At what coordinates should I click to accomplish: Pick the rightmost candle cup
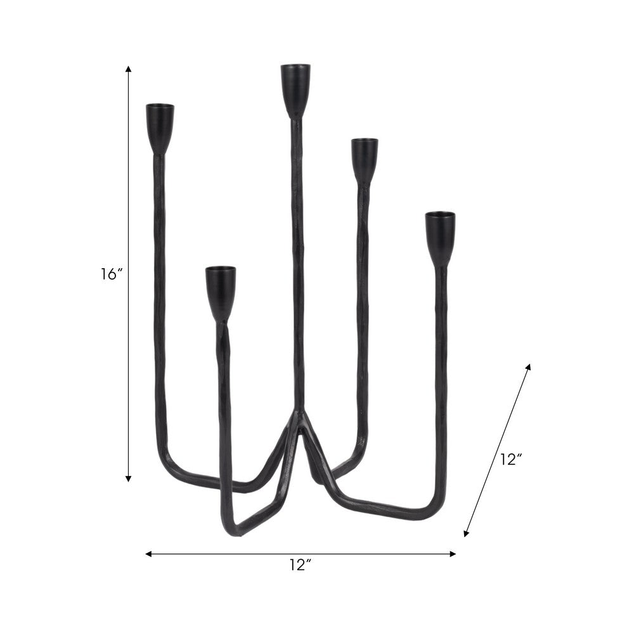click(x=440, y=236)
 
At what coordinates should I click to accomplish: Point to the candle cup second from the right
click(x=365, y=158)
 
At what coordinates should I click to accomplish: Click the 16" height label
click(x=110, y=275)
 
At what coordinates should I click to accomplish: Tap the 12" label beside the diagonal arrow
click(x=510, y=460)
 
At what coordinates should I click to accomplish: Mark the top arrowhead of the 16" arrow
click(x=129, y=68)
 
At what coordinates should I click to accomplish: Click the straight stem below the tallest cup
click(x=297, y=254)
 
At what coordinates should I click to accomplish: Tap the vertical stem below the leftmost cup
click(x=158, y=285)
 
